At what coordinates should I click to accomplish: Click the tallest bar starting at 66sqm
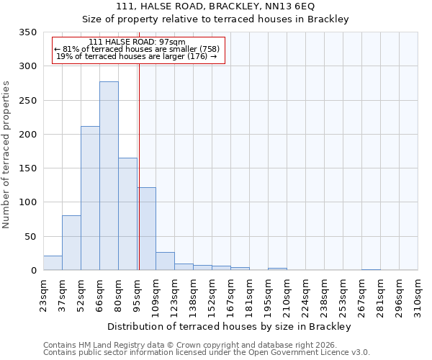pos(109,176)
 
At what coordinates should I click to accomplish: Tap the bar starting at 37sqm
pos(71,243)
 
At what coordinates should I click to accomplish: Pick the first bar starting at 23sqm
pos(53,263)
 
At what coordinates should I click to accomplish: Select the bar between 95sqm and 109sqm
pos(146,229)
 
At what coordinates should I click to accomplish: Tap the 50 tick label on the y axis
pos(30,237)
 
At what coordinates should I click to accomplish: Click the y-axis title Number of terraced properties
pos(6,155)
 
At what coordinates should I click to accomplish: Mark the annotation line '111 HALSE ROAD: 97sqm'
pos(137,42)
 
